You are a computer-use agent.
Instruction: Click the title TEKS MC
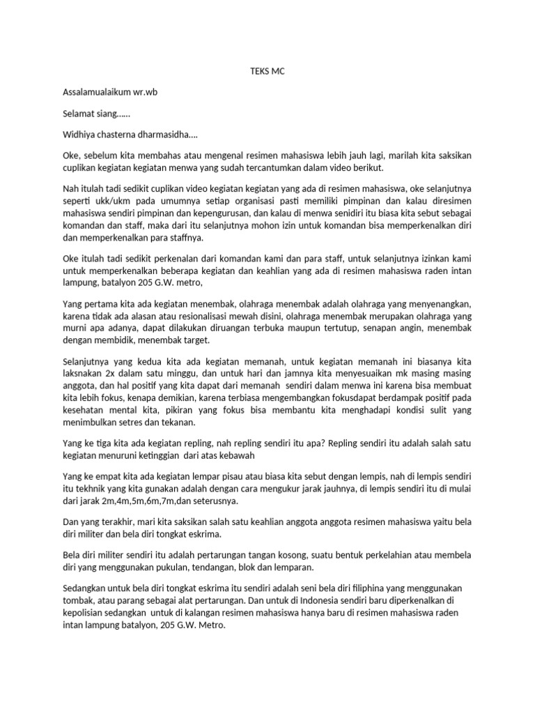[267, 71]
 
